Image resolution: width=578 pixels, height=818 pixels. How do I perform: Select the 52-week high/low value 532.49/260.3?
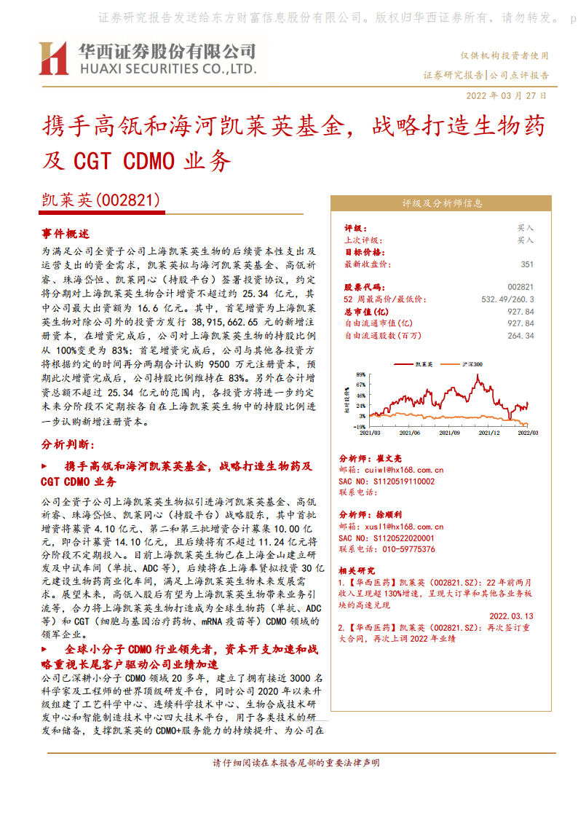click(x=507, y=299)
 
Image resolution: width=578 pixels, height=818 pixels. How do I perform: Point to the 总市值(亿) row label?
click(x=368, y=312)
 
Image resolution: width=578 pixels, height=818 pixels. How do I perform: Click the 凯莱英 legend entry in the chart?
click(x=424, y=363)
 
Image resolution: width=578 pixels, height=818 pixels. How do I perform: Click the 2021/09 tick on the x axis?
click(x=450, y=433)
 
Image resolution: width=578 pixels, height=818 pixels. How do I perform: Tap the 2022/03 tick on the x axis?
click(x=528, y=433)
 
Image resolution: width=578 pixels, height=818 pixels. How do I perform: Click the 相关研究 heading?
click(x=357, y=570)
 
